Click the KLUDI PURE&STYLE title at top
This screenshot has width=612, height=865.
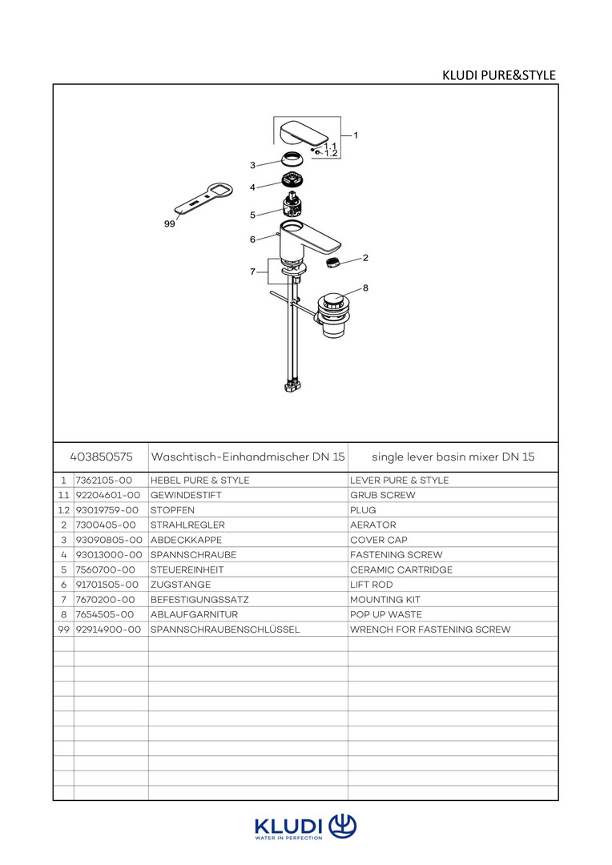[498, 75]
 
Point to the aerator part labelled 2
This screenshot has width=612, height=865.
[332, 262]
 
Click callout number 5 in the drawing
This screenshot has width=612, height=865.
[252, 215]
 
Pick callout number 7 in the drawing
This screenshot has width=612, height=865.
[252, 272]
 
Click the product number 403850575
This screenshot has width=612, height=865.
[101, 457]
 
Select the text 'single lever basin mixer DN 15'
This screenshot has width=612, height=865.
[453, 457]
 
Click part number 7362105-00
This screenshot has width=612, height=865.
[105, 481]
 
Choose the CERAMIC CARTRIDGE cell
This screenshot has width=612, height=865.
[401, 570]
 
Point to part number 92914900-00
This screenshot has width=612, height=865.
[108, 630]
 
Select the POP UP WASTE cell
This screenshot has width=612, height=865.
[386, 615]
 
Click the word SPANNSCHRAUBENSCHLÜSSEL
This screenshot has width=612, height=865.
[224, 630]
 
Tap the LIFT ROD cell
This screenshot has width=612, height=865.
[371, 585]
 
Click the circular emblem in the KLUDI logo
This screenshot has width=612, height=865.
[343, 825]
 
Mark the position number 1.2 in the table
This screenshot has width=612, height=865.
[63, 510]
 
